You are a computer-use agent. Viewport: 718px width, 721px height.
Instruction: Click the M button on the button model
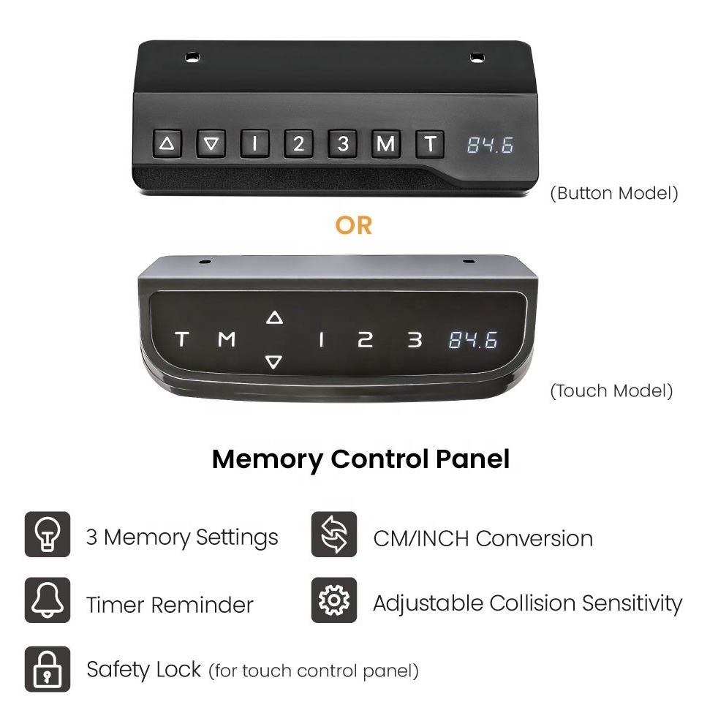point(385,144)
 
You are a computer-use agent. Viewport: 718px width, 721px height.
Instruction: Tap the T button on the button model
point(430,144)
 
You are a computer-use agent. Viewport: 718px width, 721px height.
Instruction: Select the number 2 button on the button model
point(298,144)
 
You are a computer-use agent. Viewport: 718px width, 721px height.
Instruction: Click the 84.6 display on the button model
point(490,145)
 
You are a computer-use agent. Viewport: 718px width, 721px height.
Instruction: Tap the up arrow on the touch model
point(274,317)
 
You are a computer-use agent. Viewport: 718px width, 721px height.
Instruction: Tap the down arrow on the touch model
point(274,362)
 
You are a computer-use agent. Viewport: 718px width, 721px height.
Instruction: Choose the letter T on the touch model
point(183,339)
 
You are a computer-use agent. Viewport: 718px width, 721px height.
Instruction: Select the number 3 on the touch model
point(415,340)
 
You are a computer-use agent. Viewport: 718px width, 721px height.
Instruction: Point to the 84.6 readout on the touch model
point(473,340)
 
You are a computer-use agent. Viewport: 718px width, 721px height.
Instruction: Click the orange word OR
point(353,225)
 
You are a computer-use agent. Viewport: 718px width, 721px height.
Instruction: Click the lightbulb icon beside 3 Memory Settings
point(48,535)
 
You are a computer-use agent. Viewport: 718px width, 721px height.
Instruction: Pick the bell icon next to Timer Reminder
point(48,600)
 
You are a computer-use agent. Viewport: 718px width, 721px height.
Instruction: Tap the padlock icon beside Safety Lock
point(48,669)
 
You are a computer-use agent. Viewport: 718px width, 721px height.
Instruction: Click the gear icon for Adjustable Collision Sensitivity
point(334,600)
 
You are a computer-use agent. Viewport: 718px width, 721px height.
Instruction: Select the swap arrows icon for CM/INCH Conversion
point(334,535)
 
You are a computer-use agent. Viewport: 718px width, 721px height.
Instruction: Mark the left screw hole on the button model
point(192,58)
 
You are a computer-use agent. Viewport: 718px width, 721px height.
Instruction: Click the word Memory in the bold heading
point(268,459)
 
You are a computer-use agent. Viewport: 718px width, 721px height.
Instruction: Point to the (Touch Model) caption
point(611,391)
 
